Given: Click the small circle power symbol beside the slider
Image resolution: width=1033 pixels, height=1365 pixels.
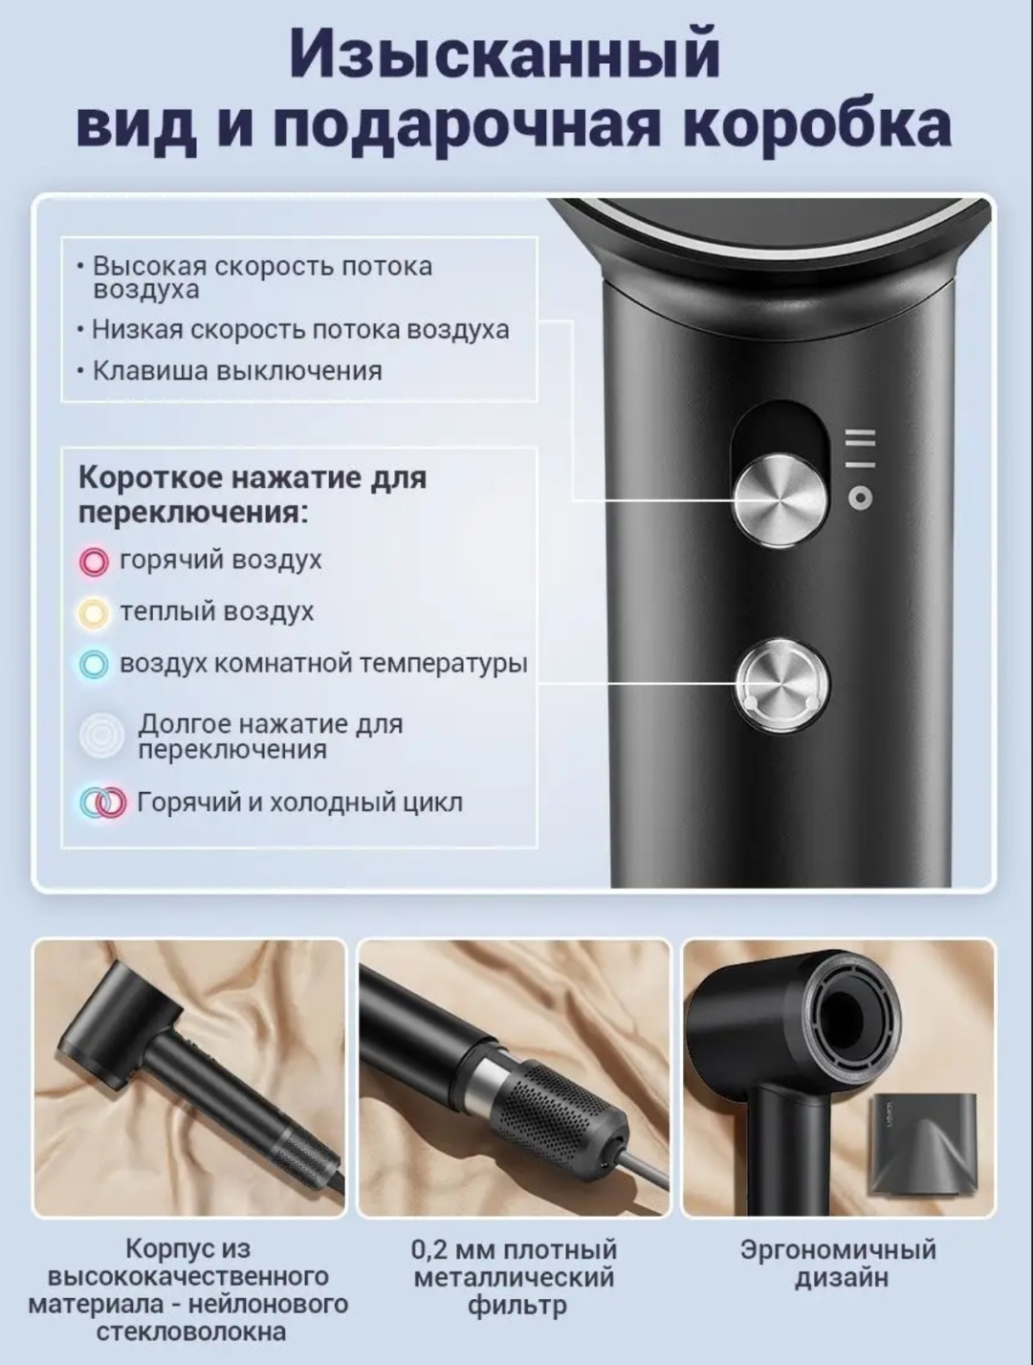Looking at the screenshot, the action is point(860,497).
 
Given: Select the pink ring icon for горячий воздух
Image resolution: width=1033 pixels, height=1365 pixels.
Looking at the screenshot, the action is point(94,561).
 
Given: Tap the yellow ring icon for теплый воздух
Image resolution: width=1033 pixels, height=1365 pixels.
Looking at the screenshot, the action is point(94,613).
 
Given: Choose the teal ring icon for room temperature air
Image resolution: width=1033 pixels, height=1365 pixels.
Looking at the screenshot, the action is point(94,665).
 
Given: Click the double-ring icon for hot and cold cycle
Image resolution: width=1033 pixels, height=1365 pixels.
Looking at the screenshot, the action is point(102,803).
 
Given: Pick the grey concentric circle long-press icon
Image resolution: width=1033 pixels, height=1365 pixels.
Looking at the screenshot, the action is point(101,737).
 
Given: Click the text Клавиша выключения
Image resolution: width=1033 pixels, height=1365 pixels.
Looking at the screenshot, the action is point(237,370).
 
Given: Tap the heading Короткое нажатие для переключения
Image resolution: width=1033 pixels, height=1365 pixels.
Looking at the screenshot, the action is point(253,496).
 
